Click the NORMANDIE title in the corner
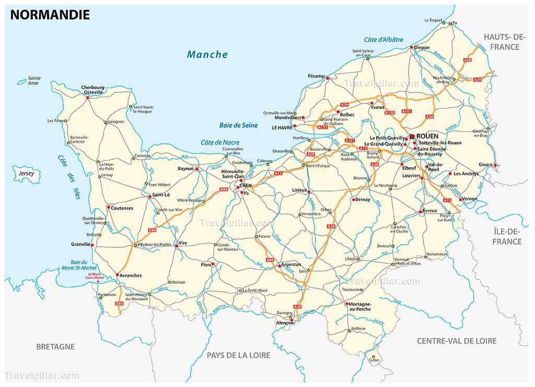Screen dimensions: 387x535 pyautogui.click(x=50, y=15)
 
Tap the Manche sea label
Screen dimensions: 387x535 pyautogui.click(x=207, y=54)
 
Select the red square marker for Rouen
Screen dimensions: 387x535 pyautogui.click(x=412, y=136)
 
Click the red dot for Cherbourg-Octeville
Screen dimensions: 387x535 pyautogui.click(x=87, y=98)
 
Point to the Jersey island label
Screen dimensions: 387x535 pyautogui.click(x=26, y=173)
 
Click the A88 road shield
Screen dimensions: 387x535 pyautogui.click(x=270, y=259)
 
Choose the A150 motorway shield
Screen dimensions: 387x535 pyautogui.click(x=389, y=112)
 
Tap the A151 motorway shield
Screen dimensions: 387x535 pyautogui.click(x=406, y=111)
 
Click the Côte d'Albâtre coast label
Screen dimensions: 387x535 pyautogui.click(x=383, y=40)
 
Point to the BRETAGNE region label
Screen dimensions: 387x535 pyautogui.click(x=55, y=346)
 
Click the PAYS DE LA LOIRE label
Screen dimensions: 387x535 pyautogui.click(x=238, y=355)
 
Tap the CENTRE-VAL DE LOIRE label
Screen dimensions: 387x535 pyautogui.click(x=456, y=341)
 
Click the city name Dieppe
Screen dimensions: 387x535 pyautogui.click(x=422, y=47)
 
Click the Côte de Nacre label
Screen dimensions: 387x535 pyautogui.click(x=220, y=142)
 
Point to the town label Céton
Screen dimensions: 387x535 pyautogui.click(x=374, y=360)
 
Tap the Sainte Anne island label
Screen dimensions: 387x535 pyautogui.click(x=34, y=80)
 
